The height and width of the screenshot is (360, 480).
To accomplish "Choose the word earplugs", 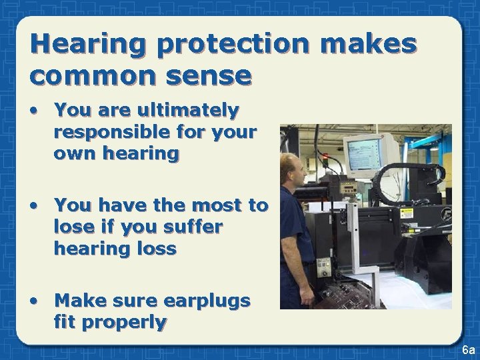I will click(208, 301).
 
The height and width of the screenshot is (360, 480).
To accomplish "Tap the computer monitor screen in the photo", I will click(361, 149).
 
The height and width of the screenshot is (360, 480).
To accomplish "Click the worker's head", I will click(293, 169).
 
